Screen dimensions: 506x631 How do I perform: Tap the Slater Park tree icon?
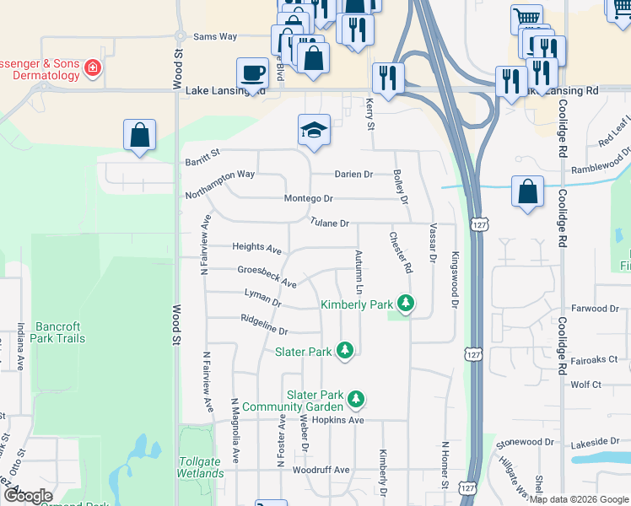344,350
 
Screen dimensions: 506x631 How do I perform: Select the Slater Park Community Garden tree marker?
357,398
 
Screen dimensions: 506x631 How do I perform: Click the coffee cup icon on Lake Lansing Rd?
252,73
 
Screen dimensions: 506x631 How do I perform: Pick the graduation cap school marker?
314,130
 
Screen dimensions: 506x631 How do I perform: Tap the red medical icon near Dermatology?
92,69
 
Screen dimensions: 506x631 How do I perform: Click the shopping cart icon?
526,18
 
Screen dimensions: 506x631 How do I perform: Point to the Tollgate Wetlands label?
201,467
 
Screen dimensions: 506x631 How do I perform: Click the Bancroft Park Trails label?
60,332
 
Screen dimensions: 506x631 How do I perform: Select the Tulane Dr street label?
329,223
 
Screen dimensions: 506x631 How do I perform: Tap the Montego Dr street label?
309,198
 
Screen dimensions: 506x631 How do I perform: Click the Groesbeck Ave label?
266,276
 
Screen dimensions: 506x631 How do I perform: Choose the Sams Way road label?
215,37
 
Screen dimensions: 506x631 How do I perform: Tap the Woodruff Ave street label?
321,470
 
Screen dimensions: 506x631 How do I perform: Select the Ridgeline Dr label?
264,325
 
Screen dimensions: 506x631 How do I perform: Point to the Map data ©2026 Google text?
579,499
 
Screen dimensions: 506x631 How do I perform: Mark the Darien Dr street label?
353,174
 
